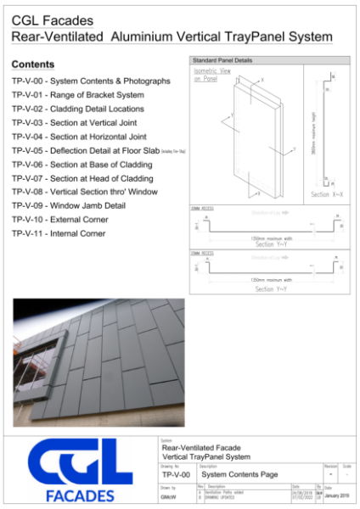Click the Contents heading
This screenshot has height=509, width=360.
click(x=33, y=64)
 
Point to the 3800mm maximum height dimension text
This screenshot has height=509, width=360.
click(x=313, y=134)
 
